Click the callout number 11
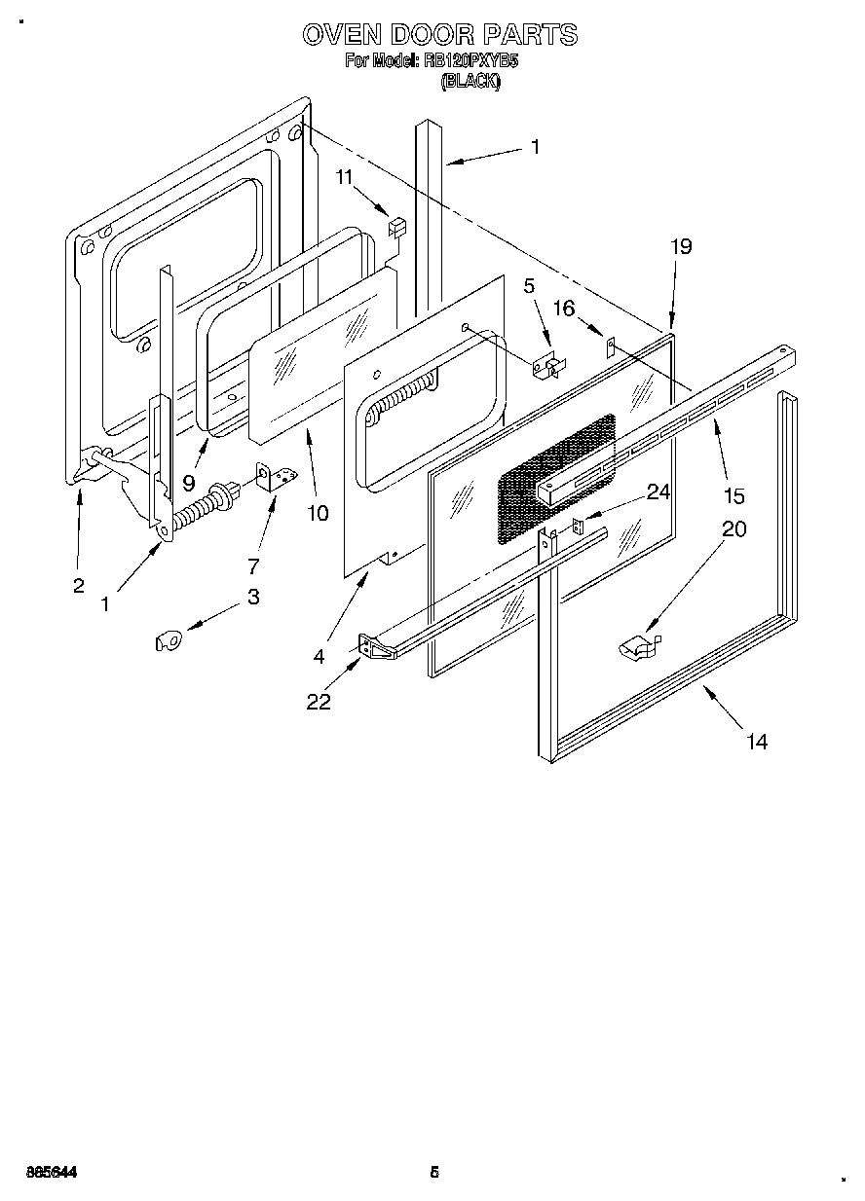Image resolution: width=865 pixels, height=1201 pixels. pos(344,177)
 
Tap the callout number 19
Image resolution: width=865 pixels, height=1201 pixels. pos(680,247)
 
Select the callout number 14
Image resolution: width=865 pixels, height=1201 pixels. pos(757,743)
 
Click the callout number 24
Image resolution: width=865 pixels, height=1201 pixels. pos(658,492)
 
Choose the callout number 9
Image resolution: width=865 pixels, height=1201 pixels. pos(189,481)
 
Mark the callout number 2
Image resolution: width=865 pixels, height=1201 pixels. pos(79,585)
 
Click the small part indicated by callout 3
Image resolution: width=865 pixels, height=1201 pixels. pos(169,639)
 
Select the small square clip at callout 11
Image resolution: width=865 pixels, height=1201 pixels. pos(396,227)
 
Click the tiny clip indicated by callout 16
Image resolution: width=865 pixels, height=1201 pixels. pos(610,344)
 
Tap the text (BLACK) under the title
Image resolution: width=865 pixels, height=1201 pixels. pos(470,83)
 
